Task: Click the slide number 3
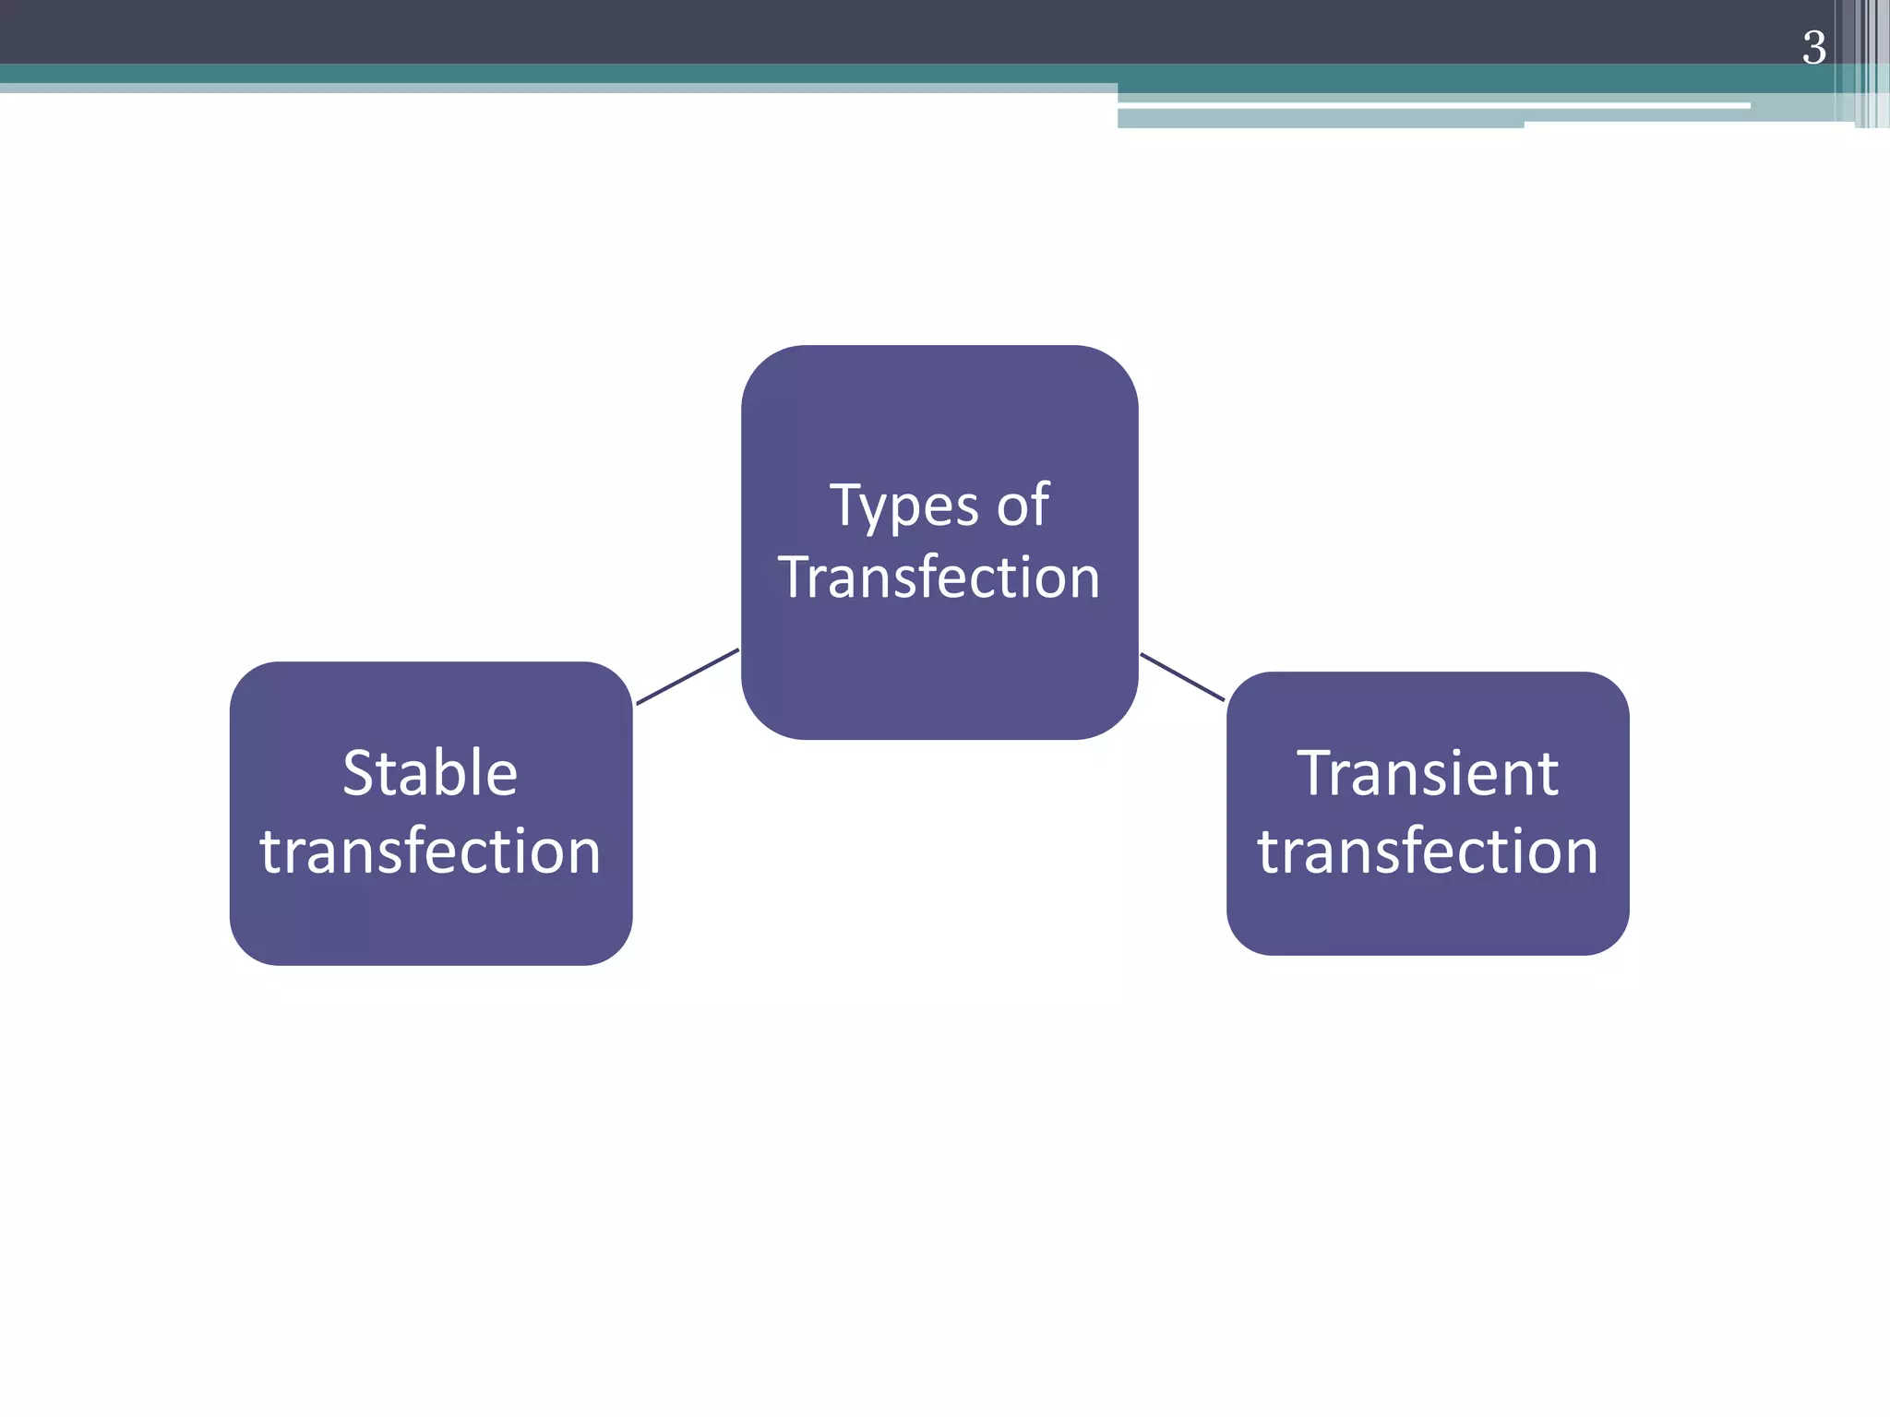1813,48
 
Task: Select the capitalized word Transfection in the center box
939,578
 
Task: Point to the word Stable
430,772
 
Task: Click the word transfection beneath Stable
430,851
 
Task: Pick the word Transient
1428,772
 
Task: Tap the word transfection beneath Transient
1428,851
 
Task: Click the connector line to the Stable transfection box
688,676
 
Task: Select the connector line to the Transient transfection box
1182,677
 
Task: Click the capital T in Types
845,505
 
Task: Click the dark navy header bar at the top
831,30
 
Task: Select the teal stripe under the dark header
831,73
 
